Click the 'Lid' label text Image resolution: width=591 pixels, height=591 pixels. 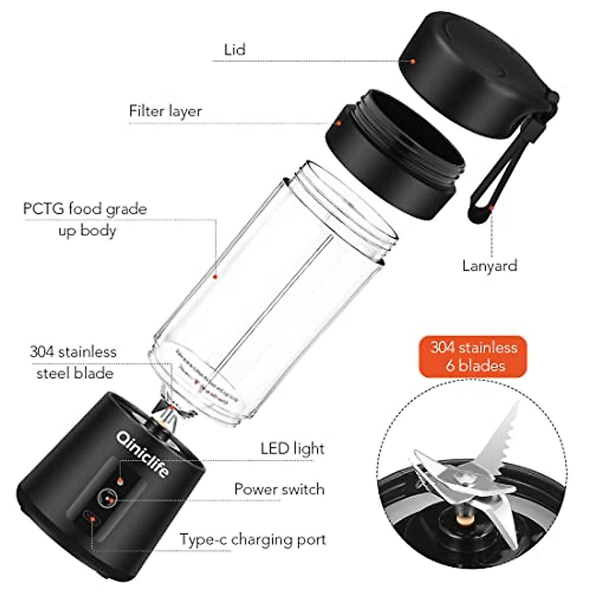tap(234, 50)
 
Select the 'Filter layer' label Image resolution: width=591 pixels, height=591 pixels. tap(165, 111)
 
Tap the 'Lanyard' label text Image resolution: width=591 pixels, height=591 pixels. tap(490, 266)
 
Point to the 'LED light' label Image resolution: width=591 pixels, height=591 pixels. tap(293, 449)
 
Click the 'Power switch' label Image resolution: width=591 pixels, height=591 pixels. tap(279, 489)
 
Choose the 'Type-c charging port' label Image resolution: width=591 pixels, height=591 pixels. tap(253, 539)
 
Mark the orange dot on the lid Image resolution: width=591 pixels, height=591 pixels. tap(413, 62)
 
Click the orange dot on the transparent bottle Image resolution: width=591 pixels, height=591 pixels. tap(215, 277)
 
